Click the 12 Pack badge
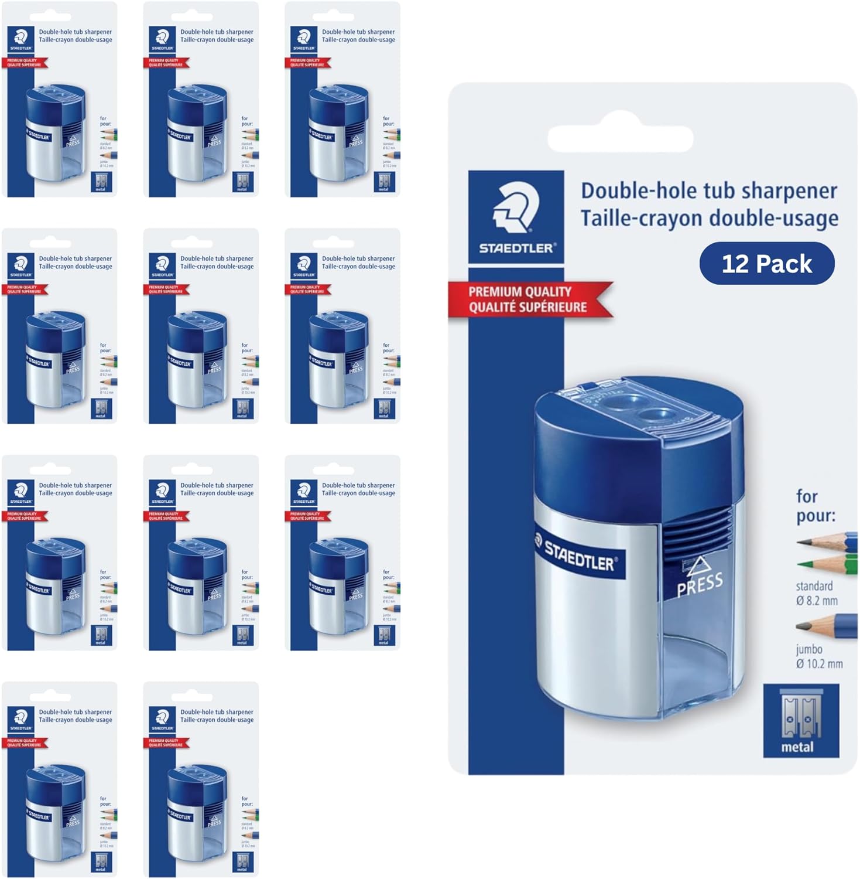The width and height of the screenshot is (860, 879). click(766, 264)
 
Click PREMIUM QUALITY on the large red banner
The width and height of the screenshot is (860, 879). click(520, 291)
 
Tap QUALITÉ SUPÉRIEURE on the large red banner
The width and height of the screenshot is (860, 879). click(527, 307)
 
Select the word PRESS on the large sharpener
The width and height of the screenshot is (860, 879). click(700, 585)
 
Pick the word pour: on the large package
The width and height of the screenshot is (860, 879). click(816, 516)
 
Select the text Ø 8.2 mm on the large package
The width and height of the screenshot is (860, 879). click(817, 601)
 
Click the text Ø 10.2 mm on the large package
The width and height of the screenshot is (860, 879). click(819, 664)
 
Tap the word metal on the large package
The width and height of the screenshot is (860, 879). click(797, 747)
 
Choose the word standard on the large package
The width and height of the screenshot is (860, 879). click(814, 586)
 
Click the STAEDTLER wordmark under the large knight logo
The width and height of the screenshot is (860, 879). click(516, 248)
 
